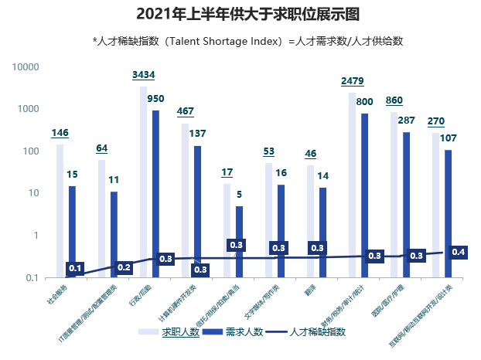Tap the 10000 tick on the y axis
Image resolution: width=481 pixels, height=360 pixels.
(27, 67)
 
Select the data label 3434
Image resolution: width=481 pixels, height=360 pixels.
(144, 75)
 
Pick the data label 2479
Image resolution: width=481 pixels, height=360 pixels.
(352, 81)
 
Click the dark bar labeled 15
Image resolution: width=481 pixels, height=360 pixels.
(72, 231)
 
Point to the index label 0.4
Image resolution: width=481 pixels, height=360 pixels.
(458, 251)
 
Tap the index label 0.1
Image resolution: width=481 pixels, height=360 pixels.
(75, 269)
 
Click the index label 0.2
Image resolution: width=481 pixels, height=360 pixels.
(124, 267)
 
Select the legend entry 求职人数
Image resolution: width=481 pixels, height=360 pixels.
(179, 331)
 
